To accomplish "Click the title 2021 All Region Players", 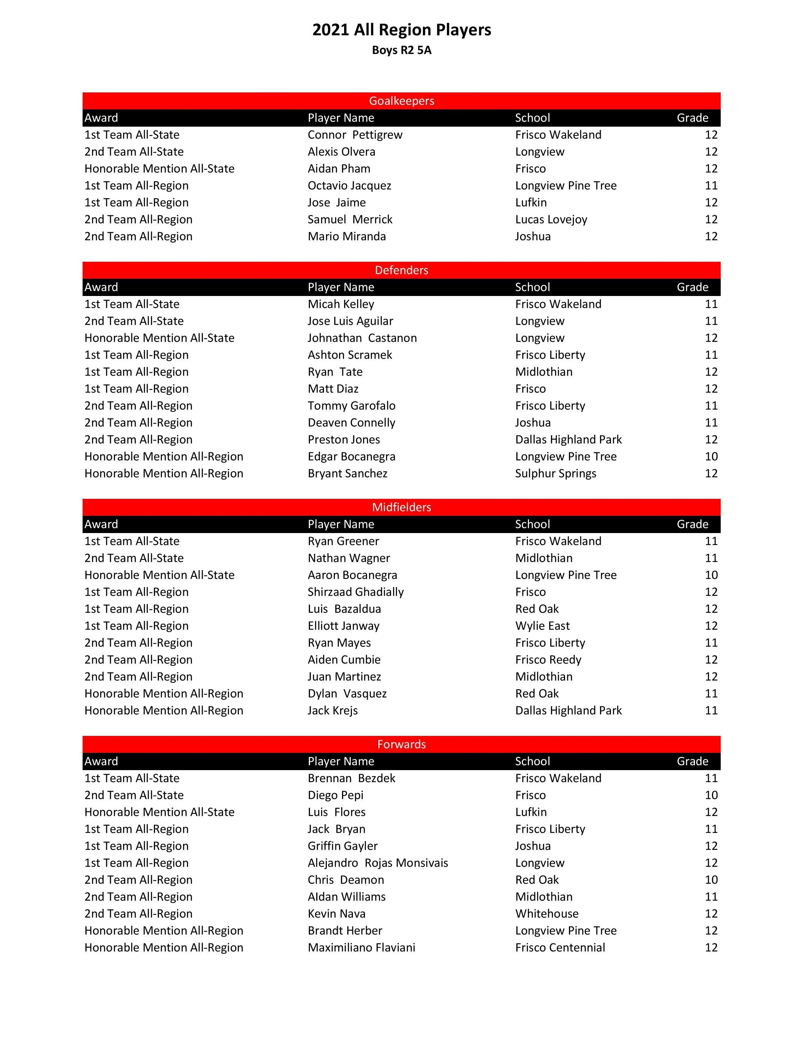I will (402, 30).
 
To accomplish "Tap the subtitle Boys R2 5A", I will (402, 50).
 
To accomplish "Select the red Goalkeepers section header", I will (402, 101).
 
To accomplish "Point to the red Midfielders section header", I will (402, 507).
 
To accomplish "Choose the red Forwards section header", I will (402, 744).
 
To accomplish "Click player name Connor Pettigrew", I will (355, 135).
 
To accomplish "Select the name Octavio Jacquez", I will (349, 186).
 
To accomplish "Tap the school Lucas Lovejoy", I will (551, 219).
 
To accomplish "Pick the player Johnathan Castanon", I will (362, 338).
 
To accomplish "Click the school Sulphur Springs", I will (556, 473).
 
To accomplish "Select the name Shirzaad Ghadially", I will (355, 592).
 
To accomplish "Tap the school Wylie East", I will (542, 626).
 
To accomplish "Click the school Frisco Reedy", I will (548, 659).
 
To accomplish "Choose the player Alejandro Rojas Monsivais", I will (378, 863).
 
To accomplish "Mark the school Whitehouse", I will (547, 913).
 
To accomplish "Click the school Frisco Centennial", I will (560, 947).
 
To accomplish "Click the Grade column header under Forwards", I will (692, 761).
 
